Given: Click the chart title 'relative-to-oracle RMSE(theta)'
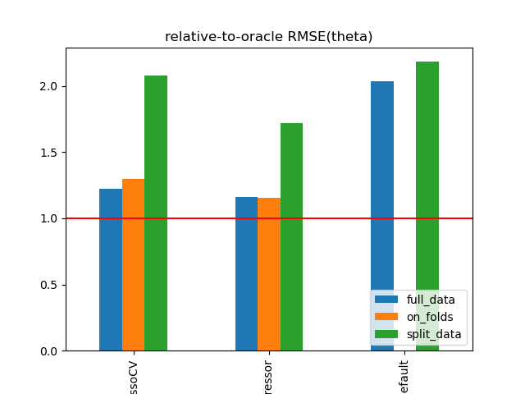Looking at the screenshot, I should (268, 36).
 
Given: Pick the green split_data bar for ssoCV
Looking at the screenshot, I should (156, 213).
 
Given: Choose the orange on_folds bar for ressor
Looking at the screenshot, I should (269, 274).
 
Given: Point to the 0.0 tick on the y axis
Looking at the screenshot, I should (50, 351).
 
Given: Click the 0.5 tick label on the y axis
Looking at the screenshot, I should (50, 285).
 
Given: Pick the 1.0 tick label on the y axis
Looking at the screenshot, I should (50, 218).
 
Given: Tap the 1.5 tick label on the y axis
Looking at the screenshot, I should (50, 153).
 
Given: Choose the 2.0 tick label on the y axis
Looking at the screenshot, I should (50, 86).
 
